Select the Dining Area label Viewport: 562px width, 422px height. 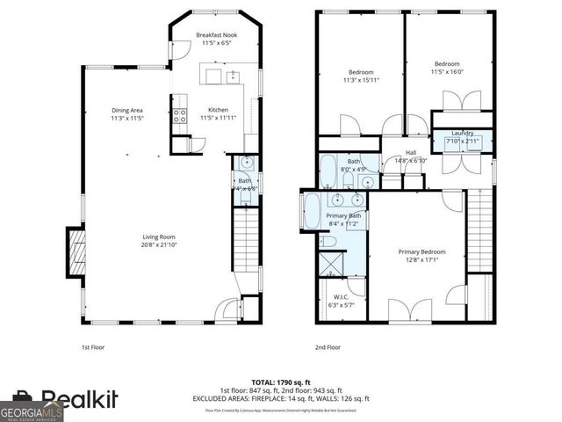click(127, 110)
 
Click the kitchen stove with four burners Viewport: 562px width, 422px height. click(179, 114)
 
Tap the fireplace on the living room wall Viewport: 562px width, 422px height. click(76, 251)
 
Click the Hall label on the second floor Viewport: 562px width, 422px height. click(410, 153)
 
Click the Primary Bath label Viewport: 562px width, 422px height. click(343, 215)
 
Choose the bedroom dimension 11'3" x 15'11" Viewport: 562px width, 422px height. click(362, 80)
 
